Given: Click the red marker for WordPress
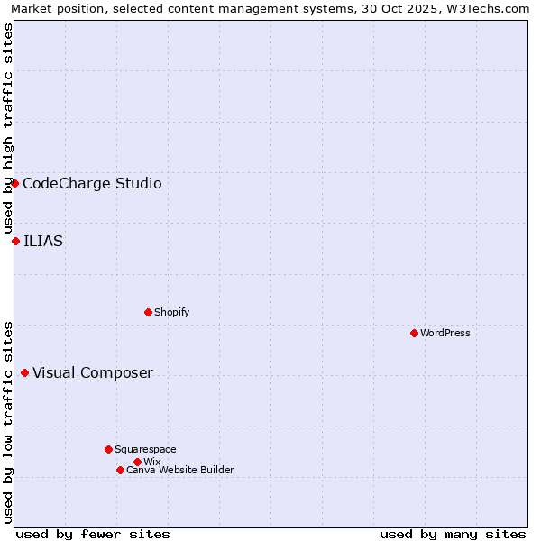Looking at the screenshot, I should [x=414, y=333].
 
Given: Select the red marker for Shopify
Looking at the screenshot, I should [x=148, y=312].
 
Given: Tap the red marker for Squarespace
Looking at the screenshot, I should [x=108, y=449].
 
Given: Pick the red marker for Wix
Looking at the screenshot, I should [x=137, y=462].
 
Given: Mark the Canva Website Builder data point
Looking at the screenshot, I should [x=120, y=470].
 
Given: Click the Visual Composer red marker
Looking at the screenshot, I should [x=24, y=373].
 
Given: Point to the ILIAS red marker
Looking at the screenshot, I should [x=15, y=241].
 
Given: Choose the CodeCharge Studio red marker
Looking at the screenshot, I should [x=14, y=183].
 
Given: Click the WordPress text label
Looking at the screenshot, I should [x=445, y=333].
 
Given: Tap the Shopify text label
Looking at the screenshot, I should [x=171, y=312].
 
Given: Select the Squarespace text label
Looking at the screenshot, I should [x=145, y=449].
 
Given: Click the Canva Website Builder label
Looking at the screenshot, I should [x=180, y=470].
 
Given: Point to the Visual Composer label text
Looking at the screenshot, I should [x=93, y=373].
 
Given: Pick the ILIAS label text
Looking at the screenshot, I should [x=43, y=241].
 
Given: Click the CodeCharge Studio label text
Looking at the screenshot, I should [x=92, y=184].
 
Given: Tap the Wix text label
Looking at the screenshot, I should [x=151, y=462].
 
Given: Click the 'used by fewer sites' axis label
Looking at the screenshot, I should [x=93, y=534].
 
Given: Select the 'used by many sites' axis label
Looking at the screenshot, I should [x=453, y=534].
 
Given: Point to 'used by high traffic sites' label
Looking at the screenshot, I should [x=8, y=128].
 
